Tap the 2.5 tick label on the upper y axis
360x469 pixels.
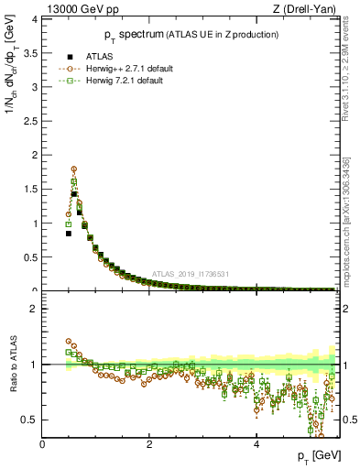click(33, 121)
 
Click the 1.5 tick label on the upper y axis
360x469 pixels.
click(33, 189)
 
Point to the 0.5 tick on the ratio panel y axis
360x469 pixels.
click(33, 420)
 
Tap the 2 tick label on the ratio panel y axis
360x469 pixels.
click(37, 309)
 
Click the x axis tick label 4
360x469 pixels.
click(256, 445)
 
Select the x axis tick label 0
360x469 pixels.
click(43, 445)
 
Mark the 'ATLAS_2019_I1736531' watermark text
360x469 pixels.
click(190, 274)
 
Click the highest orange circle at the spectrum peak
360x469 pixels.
click(74, 169)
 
